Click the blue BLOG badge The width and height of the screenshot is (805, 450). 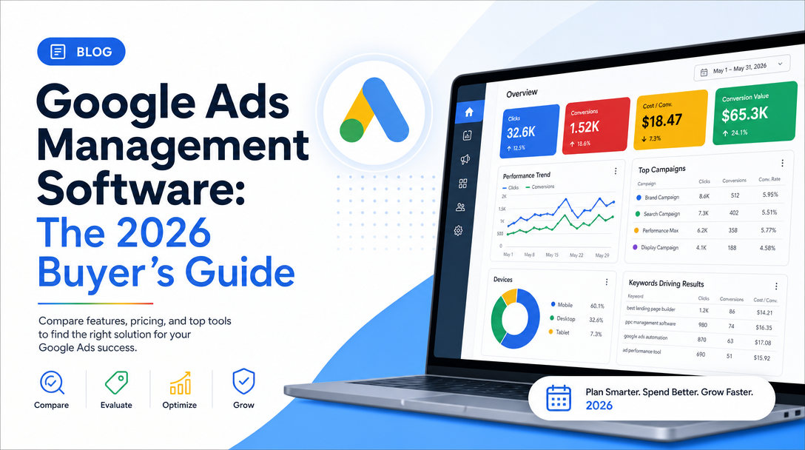81,51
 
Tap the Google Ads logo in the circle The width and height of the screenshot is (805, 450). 374,110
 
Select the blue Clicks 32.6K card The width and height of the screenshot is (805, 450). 529,131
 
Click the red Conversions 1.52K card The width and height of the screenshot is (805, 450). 596,125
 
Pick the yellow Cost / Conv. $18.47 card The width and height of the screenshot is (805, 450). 670,120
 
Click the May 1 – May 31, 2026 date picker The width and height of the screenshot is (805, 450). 741,68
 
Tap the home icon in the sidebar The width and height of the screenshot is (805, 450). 469,112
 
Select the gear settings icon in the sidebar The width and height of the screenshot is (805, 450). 459,231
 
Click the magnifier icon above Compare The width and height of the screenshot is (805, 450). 52,382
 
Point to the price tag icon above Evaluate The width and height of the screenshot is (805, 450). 117,383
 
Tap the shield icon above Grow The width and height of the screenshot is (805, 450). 243,381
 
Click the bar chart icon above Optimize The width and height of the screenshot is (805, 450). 181,383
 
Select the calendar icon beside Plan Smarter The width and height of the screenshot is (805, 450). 559,398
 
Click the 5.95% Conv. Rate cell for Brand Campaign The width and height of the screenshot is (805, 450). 770,195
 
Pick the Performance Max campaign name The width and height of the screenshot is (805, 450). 660,231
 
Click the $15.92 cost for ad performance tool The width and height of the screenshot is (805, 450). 762,357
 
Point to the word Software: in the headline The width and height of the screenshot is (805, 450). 141,188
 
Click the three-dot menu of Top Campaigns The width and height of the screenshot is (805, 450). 782,163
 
